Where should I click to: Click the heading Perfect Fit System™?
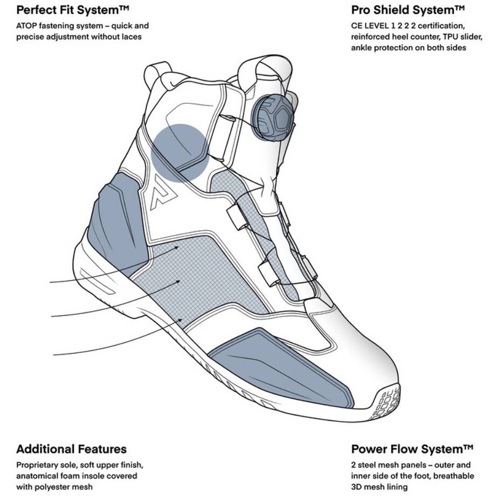click(73, 10)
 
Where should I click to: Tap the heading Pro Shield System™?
click(408, 10)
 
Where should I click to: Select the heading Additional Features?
click(71, 449)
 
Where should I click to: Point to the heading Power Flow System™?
click(412, 449)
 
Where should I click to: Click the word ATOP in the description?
click(26, 26)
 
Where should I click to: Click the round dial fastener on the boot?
click(272, 118)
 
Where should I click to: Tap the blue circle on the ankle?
click(180, 153)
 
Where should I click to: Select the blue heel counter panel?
click(118, 222)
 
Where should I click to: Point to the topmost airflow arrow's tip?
click(178, 247)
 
